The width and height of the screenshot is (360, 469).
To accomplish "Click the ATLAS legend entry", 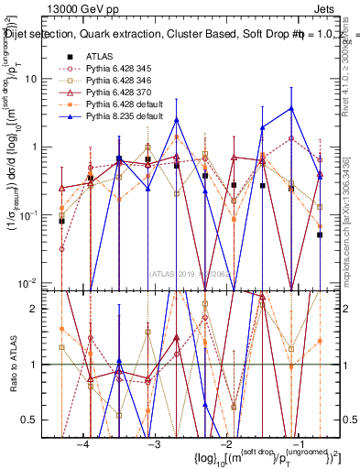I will pos(98,57).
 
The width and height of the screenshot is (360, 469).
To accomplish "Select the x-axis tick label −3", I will pos(155,442).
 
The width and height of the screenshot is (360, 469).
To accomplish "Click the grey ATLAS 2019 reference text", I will pos(188,272).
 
